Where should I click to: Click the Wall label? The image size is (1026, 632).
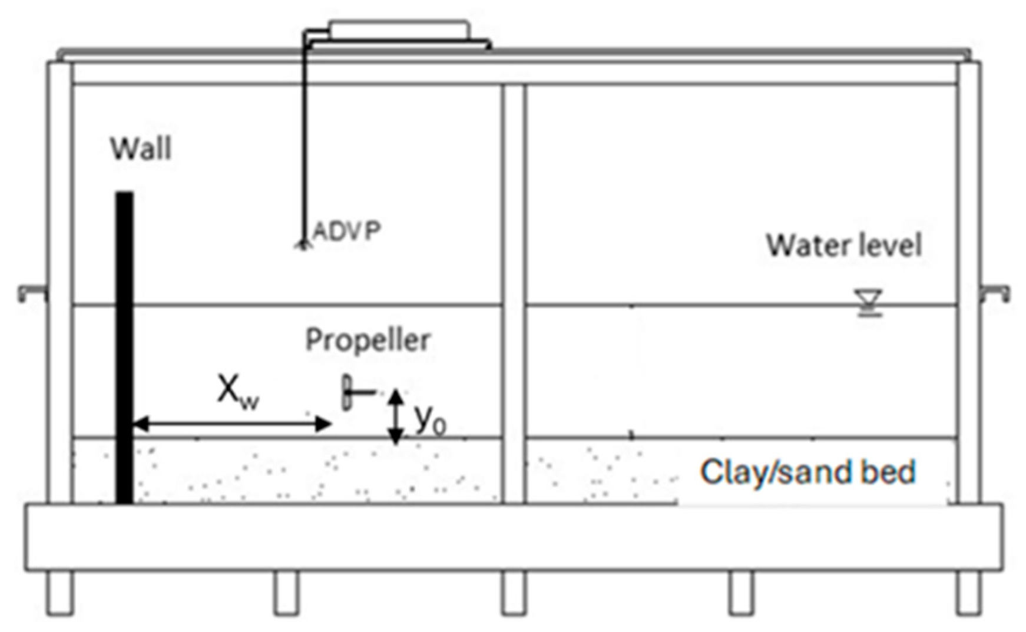141,148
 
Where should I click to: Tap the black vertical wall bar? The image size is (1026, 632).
124,348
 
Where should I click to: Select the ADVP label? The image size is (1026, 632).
346,230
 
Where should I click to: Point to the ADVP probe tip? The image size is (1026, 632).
303,244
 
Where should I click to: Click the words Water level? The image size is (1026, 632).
843,245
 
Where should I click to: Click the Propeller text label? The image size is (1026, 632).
368,340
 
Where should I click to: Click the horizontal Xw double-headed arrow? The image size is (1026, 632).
232,423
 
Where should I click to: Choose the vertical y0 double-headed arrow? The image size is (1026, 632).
396,417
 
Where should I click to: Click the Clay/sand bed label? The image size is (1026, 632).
807,472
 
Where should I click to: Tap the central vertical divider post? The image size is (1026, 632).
514,295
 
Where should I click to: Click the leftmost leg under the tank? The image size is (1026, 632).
60,593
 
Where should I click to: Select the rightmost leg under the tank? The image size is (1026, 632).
969,593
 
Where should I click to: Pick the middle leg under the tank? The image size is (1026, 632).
514,593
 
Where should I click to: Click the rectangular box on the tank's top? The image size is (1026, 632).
399,29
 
